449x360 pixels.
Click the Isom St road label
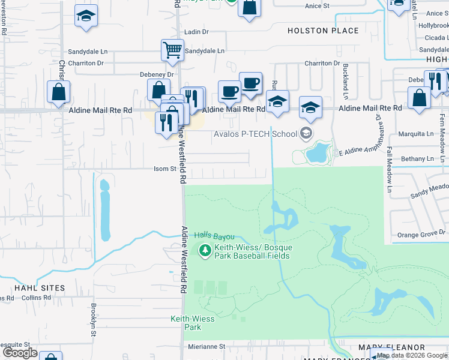[164, 169]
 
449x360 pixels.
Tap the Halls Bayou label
[214, 238]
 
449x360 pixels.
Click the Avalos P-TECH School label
[256, 133]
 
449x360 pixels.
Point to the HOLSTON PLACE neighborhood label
[323, 31]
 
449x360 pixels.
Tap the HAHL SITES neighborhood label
[40, 288]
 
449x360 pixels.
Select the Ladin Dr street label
[196, 32]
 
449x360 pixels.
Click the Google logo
[20, 353]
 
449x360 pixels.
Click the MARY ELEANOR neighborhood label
[391, 347]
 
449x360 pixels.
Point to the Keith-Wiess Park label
[192, 323]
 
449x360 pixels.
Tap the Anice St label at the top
[318, 5]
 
